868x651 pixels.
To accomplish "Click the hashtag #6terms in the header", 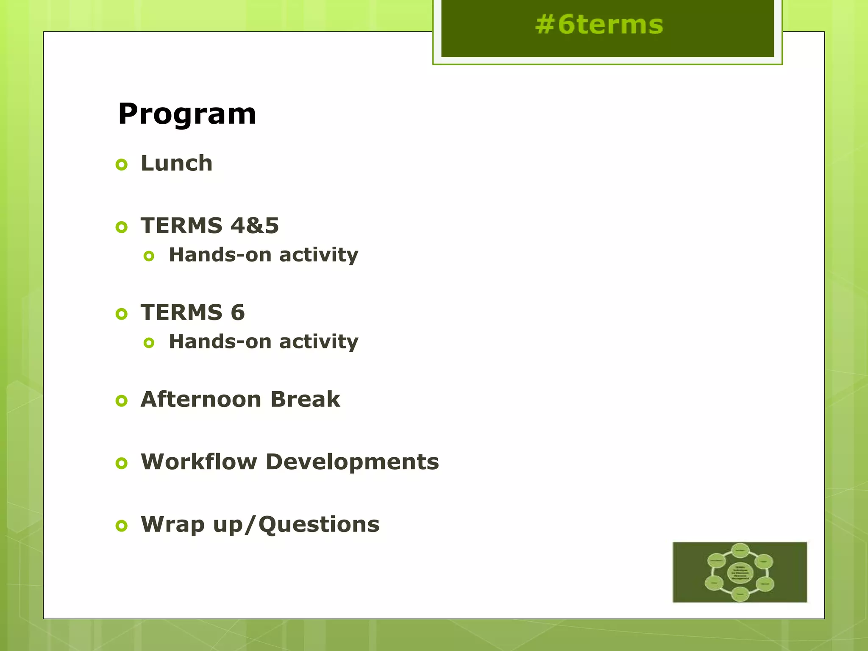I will point(599,25).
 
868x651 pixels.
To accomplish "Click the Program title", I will point(187,114).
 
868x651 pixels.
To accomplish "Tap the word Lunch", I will point(176,164).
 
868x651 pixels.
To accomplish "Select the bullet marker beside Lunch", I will point(122,165).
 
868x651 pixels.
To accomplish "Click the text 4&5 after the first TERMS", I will point(255,226).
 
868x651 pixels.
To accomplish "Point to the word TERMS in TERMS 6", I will point(181,313).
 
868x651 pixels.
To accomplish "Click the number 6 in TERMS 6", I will point(238,313).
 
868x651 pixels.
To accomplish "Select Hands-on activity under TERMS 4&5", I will point(263,256).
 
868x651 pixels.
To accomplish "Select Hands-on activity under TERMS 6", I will point(263,342).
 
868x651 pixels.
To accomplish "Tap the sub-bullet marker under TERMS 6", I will point(149,343).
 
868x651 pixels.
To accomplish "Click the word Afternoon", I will point(201,400).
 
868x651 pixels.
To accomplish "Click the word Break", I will point(305,400).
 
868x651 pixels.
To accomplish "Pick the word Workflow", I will point(199,462).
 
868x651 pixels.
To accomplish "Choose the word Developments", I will point(352,462).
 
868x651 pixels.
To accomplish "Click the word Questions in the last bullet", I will point(319,525).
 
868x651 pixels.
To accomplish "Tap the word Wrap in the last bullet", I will point(172,525).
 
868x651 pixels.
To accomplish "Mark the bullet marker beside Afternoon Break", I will point(122,401).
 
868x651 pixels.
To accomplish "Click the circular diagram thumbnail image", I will point(740,572).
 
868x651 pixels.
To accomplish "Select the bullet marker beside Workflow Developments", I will point(122,463).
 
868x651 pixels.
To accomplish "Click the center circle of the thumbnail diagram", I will point(740,573).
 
